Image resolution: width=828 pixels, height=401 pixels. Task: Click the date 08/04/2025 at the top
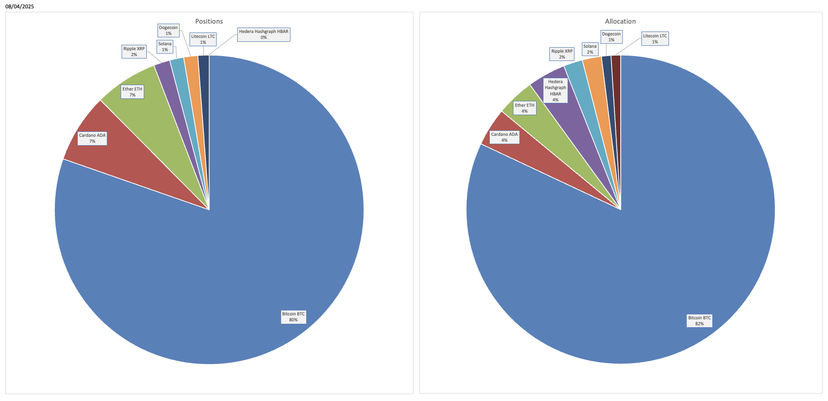(20, 7)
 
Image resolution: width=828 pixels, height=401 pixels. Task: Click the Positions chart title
(209, 21)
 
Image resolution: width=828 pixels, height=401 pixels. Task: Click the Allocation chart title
(620, 21)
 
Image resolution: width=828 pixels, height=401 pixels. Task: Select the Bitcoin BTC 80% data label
(293, 317)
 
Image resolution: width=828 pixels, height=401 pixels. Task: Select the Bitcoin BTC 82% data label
(699, 321)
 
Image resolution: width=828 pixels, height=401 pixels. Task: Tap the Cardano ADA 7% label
(92, 138)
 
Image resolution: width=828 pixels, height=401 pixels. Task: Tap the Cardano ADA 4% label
(504, 137)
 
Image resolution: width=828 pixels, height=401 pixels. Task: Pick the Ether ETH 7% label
(132, 92)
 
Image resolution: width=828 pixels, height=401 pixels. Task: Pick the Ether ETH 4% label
(524, 108)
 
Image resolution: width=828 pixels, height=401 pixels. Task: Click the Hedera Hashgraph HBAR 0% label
(263, 34)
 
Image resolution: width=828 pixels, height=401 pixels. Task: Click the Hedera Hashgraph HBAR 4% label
(555, 91)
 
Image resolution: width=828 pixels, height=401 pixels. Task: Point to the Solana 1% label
(165, 47)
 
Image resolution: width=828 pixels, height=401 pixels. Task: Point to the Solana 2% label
(590, 49)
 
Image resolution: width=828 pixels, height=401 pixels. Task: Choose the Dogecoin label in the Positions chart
(168, 31)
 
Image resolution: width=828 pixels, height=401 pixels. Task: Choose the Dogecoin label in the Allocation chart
(611, 37)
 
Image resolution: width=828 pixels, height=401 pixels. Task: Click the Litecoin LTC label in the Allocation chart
(655, 39)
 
